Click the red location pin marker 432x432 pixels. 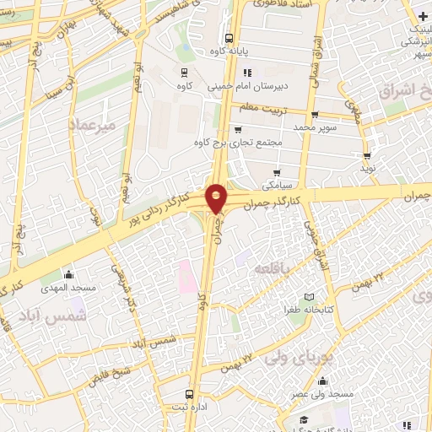tap(217, 198)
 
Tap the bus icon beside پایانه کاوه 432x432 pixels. tap(229, 38)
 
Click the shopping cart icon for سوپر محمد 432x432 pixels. tap(314, 115)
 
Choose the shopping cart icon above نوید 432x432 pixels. tap(367, 155)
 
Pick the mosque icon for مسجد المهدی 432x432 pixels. tap(68, 274)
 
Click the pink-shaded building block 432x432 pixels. tap(186, 278)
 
